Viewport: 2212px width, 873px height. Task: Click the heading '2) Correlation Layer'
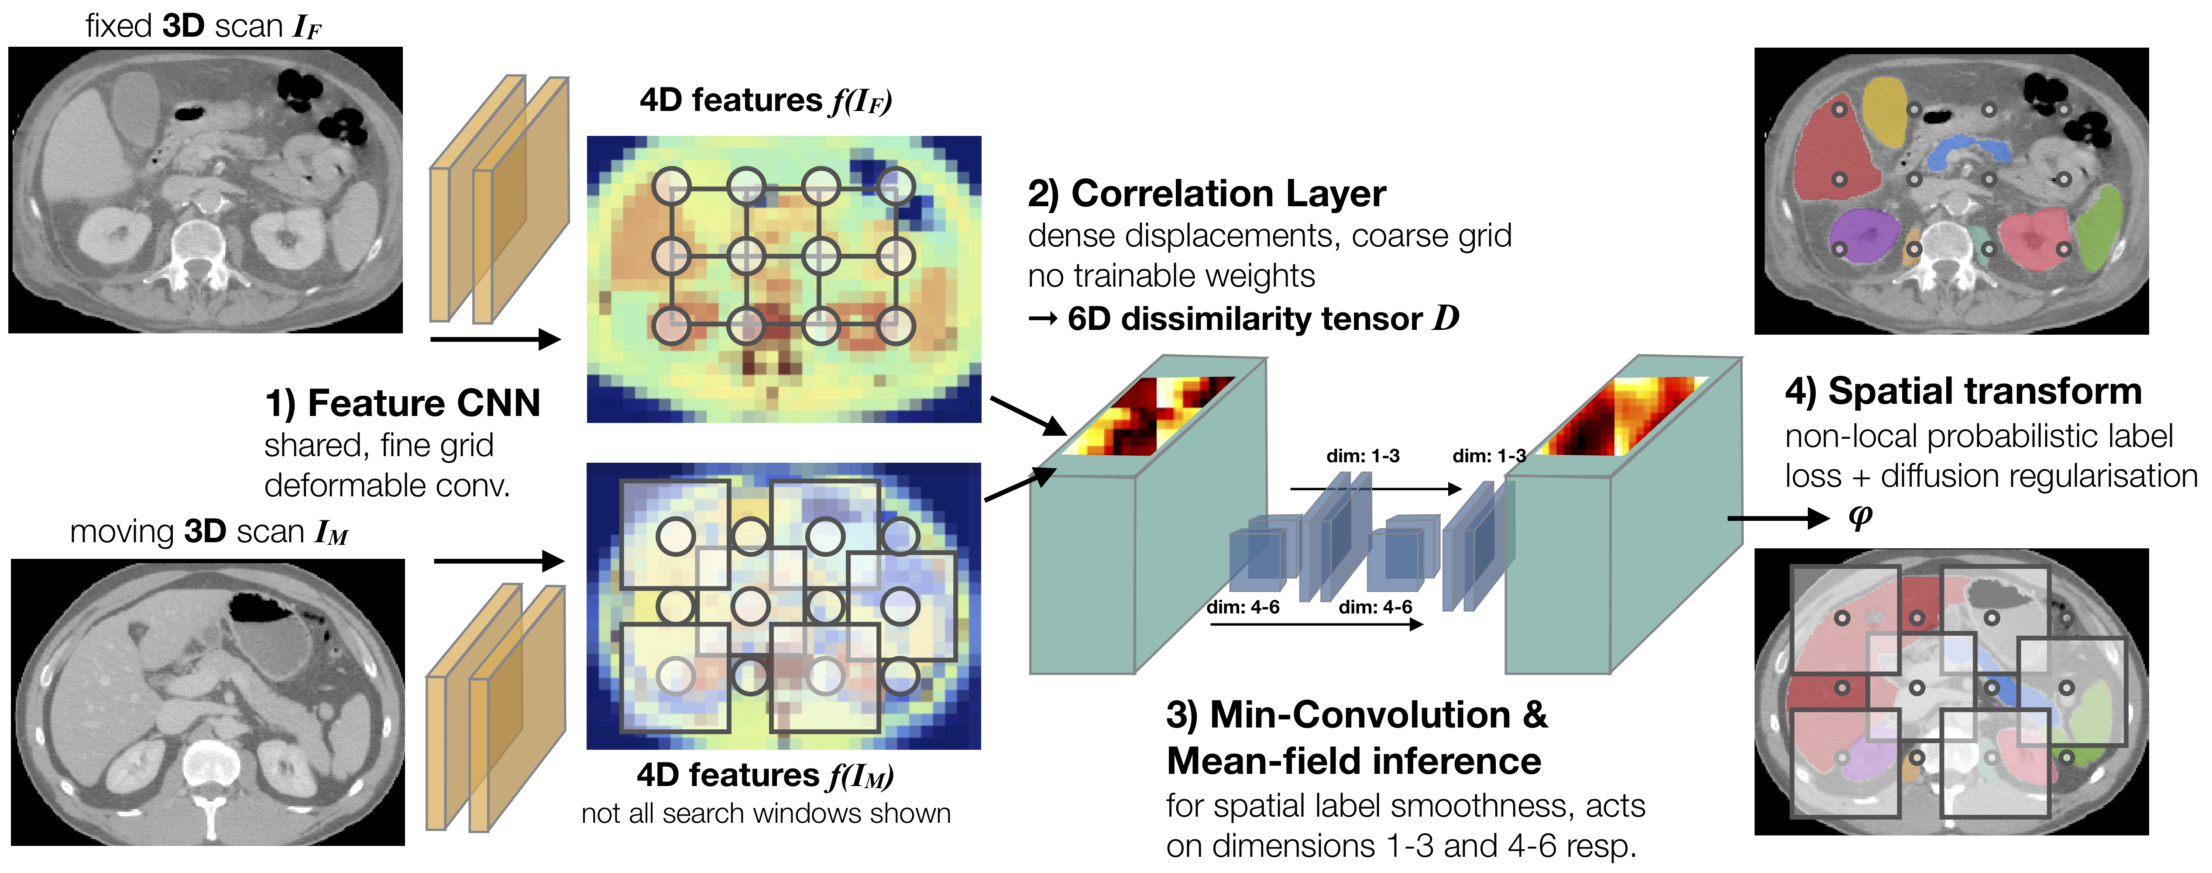(1206, 194)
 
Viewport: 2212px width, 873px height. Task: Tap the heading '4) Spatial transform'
(1963, 392)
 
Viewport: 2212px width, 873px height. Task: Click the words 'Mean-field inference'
(1353, 761)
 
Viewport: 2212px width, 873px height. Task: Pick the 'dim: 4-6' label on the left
(1243, 606)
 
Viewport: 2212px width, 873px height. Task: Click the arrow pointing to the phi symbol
(1777, 518)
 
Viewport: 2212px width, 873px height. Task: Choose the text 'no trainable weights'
(1171, 277)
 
